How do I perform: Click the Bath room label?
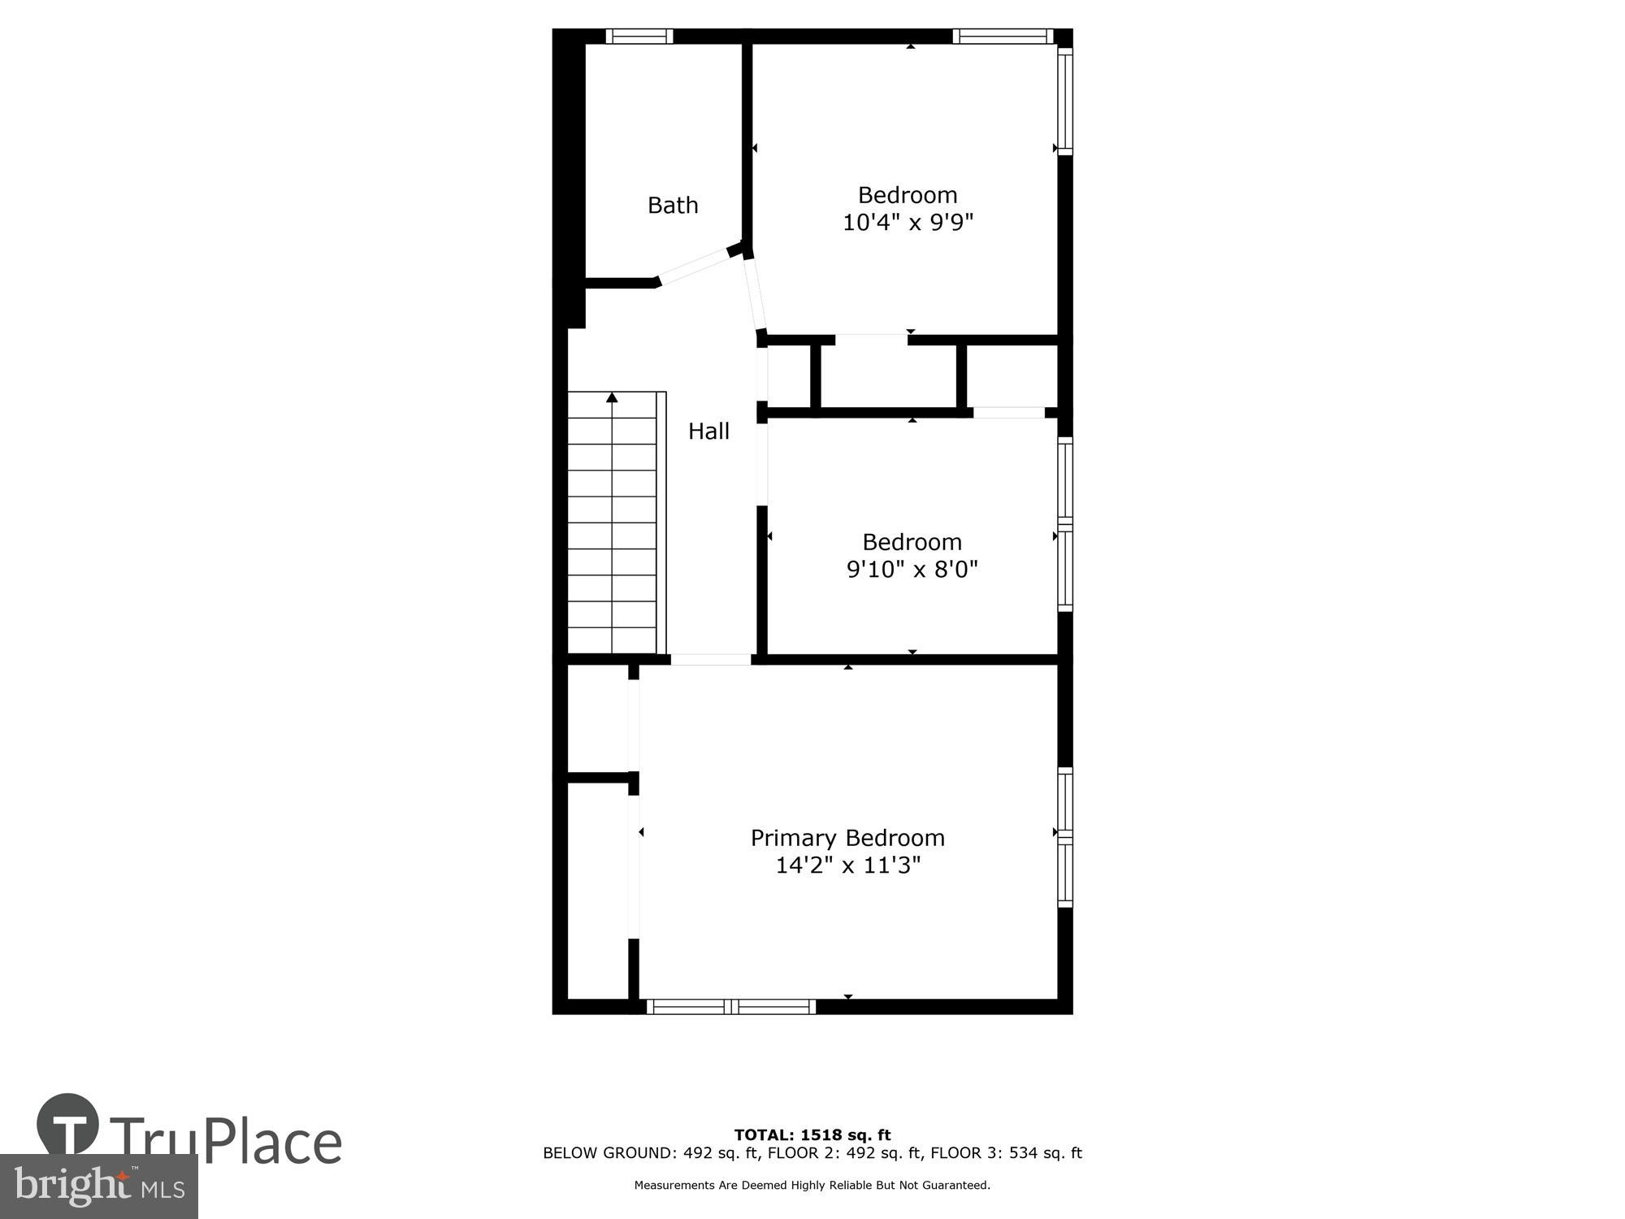(673, 205)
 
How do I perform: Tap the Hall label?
(708, 431)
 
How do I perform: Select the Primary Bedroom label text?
(847, 838)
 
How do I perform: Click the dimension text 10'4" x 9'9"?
(908, 222)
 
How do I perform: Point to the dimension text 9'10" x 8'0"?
(912, 569)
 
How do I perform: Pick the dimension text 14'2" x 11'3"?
(847, 865)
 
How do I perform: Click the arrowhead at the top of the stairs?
(612, 397)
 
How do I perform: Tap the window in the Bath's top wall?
(639, 36)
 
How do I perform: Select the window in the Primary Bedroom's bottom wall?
(731, 1007)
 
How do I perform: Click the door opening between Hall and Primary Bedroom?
(710, 659)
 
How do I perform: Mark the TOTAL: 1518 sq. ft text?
(812, 1135)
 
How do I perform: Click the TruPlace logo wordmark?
(223, 1142)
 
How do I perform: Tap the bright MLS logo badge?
(98, 1186)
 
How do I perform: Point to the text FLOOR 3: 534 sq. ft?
(1006, 1153)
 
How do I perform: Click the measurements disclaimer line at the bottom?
(812, 1186)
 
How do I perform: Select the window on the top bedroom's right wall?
(1065, 101)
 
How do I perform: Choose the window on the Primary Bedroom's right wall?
(1065, 837)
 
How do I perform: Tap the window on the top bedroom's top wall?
(1003, 36)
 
